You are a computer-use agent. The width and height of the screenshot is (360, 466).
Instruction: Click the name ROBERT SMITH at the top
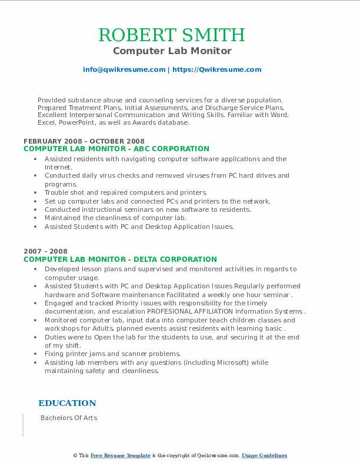click(172, 35)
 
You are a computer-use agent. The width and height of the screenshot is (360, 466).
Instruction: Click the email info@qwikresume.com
click(124, 69)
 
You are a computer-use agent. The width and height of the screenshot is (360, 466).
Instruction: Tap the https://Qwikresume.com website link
click(216, 69)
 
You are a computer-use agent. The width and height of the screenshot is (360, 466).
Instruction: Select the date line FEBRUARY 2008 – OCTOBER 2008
click(84, 141)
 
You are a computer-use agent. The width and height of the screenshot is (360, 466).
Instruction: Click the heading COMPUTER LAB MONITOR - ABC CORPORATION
click(116, 149)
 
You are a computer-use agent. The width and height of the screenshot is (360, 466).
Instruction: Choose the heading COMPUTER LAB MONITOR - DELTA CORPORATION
click(120, 259)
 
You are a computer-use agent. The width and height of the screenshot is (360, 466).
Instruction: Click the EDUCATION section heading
click(67, 403)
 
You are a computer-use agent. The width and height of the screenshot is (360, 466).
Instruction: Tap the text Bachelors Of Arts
click(69, 418)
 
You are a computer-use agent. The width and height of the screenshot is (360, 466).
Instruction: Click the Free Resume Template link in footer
click(121, 455)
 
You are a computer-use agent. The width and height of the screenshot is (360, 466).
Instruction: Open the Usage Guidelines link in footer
click(264, 455)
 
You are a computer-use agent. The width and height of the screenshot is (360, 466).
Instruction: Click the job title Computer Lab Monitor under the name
click(172, 51)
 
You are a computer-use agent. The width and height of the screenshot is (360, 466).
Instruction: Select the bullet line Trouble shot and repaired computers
click(126, 192)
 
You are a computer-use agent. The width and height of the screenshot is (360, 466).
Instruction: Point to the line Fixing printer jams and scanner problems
click(112, 354)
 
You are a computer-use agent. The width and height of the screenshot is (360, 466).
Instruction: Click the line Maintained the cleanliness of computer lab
click(115, 218)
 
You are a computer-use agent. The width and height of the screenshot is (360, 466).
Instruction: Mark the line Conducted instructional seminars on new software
click(148, 209)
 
